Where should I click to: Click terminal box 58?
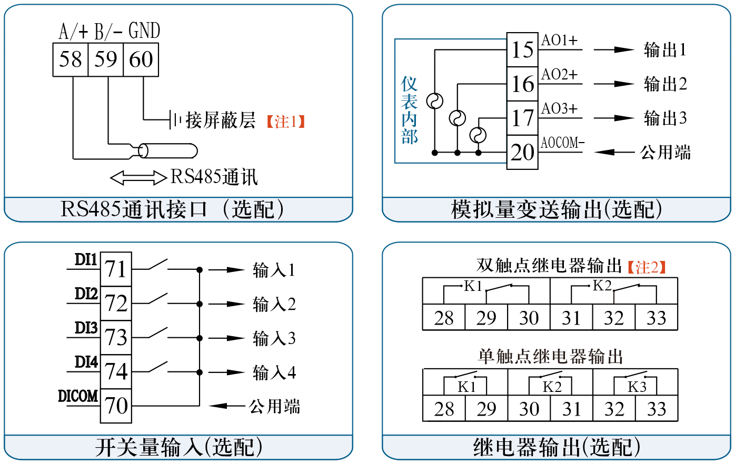70,59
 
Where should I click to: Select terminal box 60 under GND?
141,59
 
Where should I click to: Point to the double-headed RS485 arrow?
138,178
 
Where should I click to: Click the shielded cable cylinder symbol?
167,152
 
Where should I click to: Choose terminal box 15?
522,50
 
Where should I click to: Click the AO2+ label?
559,75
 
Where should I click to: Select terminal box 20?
522,153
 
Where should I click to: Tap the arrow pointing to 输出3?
614,118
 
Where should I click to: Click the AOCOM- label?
562,143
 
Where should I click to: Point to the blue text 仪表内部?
409,110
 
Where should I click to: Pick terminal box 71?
116,269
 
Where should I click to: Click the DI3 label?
86,328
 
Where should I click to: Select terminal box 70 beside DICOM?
116,406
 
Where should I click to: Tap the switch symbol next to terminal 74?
158,367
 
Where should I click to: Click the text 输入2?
274,304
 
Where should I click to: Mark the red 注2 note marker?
647,267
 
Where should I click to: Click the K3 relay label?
637,387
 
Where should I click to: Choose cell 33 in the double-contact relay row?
656,318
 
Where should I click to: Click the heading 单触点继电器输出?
550,357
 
